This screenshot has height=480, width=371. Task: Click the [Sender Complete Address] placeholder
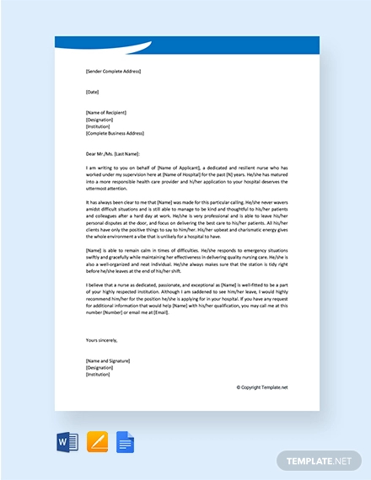(x=113, y=72)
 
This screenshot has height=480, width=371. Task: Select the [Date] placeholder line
(x=92, y=91)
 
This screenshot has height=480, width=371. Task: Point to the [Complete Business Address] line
(x=115, y=133)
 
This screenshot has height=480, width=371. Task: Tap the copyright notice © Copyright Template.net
(x=261, y=387)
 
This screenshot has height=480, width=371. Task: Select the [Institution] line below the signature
(x=98, y=374)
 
